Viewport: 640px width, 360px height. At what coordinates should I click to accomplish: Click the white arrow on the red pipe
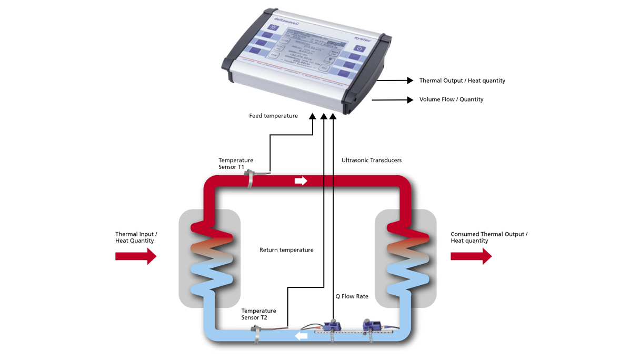pyautogui.click(x=301, y=181)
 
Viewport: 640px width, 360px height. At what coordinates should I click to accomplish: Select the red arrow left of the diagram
pyautogui.click(x=136, y=256)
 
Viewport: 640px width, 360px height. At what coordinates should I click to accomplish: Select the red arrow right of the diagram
pyautogui.click(x=471, y=256)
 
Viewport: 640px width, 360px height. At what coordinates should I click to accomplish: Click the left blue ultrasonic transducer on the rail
pyautogui.click(x=332, y=326)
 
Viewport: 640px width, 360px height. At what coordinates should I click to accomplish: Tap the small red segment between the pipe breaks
pyautogui.click(x=328, y=181)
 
